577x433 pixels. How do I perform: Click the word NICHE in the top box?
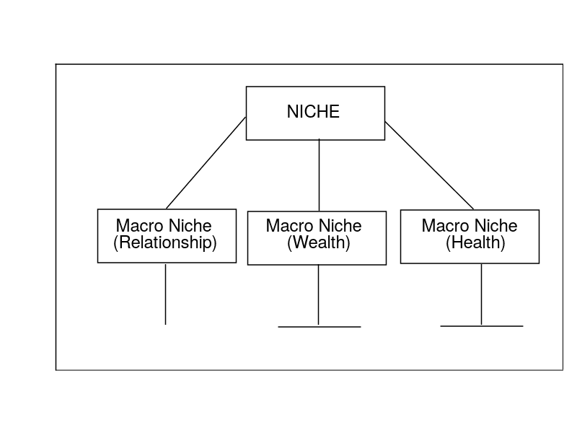click(x=313, y=112)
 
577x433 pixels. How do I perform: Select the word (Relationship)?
click(x=165, y=243)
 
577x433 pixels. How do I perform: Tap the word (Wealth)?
click(x=319, y=243)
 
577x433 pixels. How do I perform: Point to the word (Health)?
click(x=475, y=243)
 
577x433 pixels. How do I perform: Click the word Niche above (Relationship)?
click(x=190, y=226)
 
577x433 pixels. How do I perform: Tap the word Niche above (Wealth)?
click(x=340, y=226)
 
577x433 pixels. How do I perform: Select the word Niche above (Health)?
click(x=495, y=226)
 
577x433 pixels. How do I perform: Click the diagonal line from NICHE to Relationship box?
click(x=206, y=163)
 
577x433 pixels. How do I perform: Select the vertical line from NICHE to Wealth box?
click(x=319, y=175)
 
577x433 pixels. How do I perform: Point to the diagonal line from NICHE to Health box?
click(x=429, y=165)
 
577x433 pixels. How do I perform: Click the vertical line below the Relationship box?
click(x=166, y=294)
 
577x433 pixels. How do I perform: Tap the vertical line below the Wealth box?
click(x=318, y=295)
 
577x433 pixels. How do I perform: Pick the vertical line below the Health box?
click(x=481, y=294)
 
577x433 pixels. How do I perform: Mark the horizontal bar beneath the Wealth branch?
click(x=320, y=327)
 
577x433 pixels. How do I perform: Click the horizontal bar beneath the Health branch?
click(x=482, y=326)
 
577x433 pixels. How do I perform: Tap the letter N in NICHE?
click(x=292, y=112)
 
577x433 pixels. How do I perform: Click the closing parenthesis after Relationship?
click(x=214, y=243)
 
